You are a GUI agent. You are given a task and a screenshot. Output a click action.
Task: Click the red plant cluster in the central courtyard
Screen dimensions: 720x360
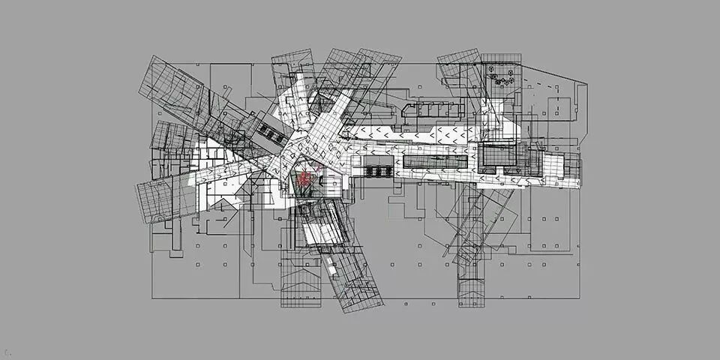pyautogui.click(x=304, y=180)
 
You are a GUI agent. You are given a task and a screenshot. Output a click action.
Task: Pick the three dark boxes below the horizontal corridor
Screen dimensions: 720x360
pyautogui.click(x=378, y=170)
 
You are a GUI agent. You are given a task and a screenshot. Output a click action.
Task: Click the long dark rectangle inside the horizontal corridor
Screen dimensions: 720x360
pyautogui.click(x=435, y=159)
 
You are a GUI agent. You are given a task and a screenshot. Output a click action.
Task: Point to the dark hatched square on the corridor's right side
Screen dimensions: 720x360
pyautogui.click(x=495, y=156)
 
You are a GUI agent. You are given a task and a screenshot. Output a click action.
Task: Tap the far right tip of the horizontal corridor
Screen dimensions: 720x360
pyautogui.click(x=579, y=166)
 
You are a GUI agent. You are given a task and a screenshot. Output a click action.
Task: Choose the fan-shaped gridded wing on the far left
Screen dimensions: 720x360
pyautogui.click(x=161, y=199)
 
